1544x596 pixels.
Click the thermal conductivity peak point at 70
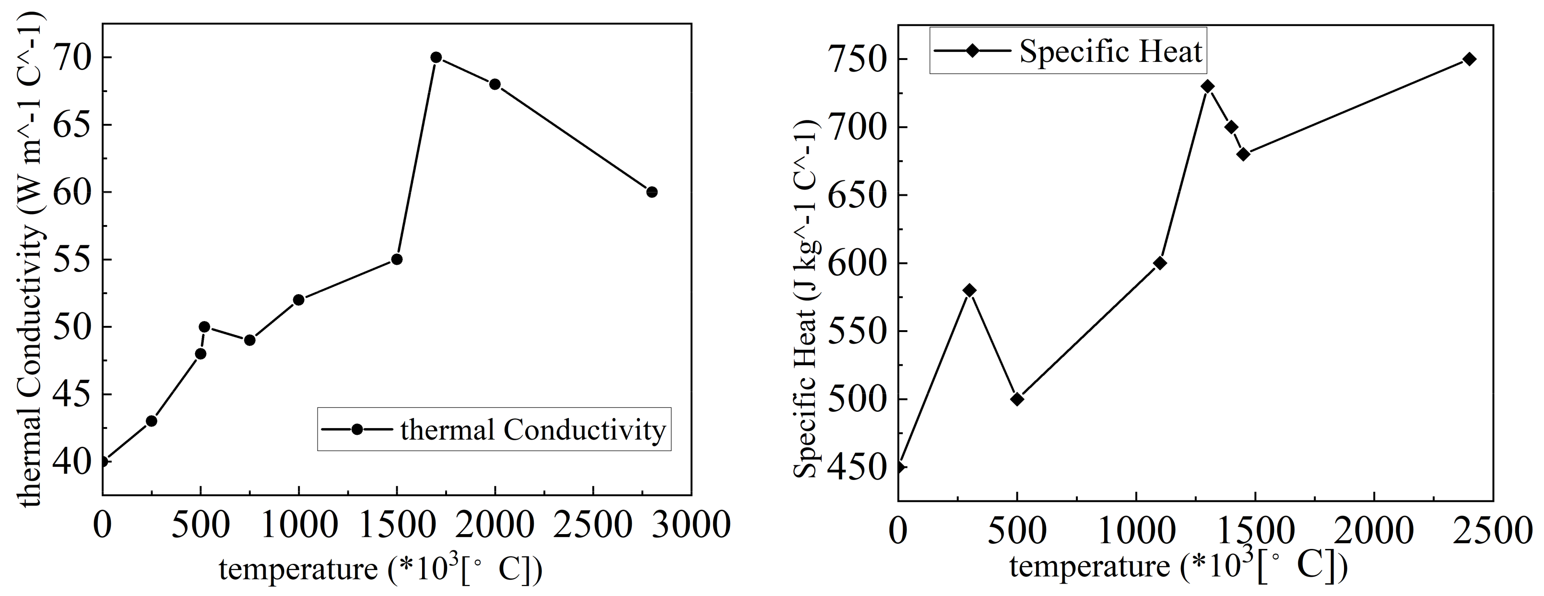coord(436,58)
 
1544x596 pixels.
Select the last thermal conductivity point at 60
coord(651,192)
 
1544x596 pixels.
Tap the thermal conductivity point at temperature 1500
coord(396,259)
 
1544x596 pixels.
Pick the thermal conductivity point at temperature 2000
coord(495,84)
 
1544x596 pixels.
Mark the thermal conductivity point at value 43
coord(151,421)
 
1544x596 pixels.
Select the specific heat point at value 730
coord(1208,86)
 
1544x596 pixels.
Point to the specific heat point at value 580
coord(969,290)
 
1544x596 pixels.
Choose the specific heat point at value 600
coord(1160,263)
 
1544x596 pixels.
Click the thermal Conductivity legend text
coord(533,430)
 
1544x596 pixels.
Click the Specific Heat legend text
coord(1110,51)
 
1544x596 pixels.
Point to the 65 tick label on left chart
coord(72,125)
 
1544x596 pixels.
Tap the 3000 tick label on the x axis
coord(691,525)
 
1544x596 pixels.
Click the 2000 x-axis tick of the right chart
coord(1374,531)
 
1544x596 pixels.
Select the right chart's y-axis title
coord(805,298)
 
